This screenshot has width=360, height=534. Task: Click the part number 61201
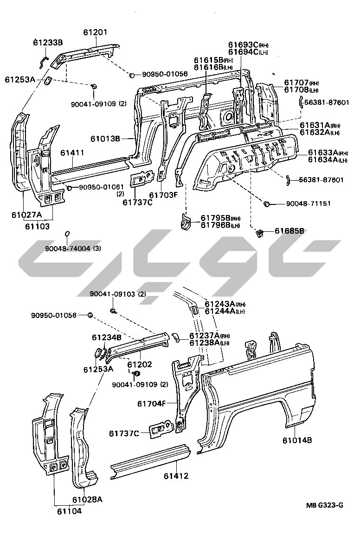tap(95, 33)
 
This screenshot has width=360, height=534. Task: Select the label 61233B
tap(48, 43)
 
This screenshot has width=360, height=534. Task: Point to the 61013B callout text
tap(105, 138)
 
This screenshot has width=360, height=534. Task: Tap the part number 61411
tap(72, 152)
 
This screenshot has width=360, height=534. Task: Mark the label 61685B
tap(289, 230)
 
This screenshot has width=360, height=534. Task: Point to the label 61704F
tap(151, 403)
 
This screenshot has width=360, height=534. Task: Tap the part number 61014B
tap(297, 440)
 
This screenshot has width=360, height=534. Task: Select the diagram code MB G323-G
tap(324, 505)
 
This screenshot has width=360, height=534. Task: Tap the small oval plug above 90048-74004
tap(67, 233)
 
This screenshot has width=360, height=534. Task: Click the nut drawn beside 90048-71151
tap(267, 204)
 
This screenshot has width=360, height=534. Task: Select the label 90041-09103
tap(112, 294)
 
